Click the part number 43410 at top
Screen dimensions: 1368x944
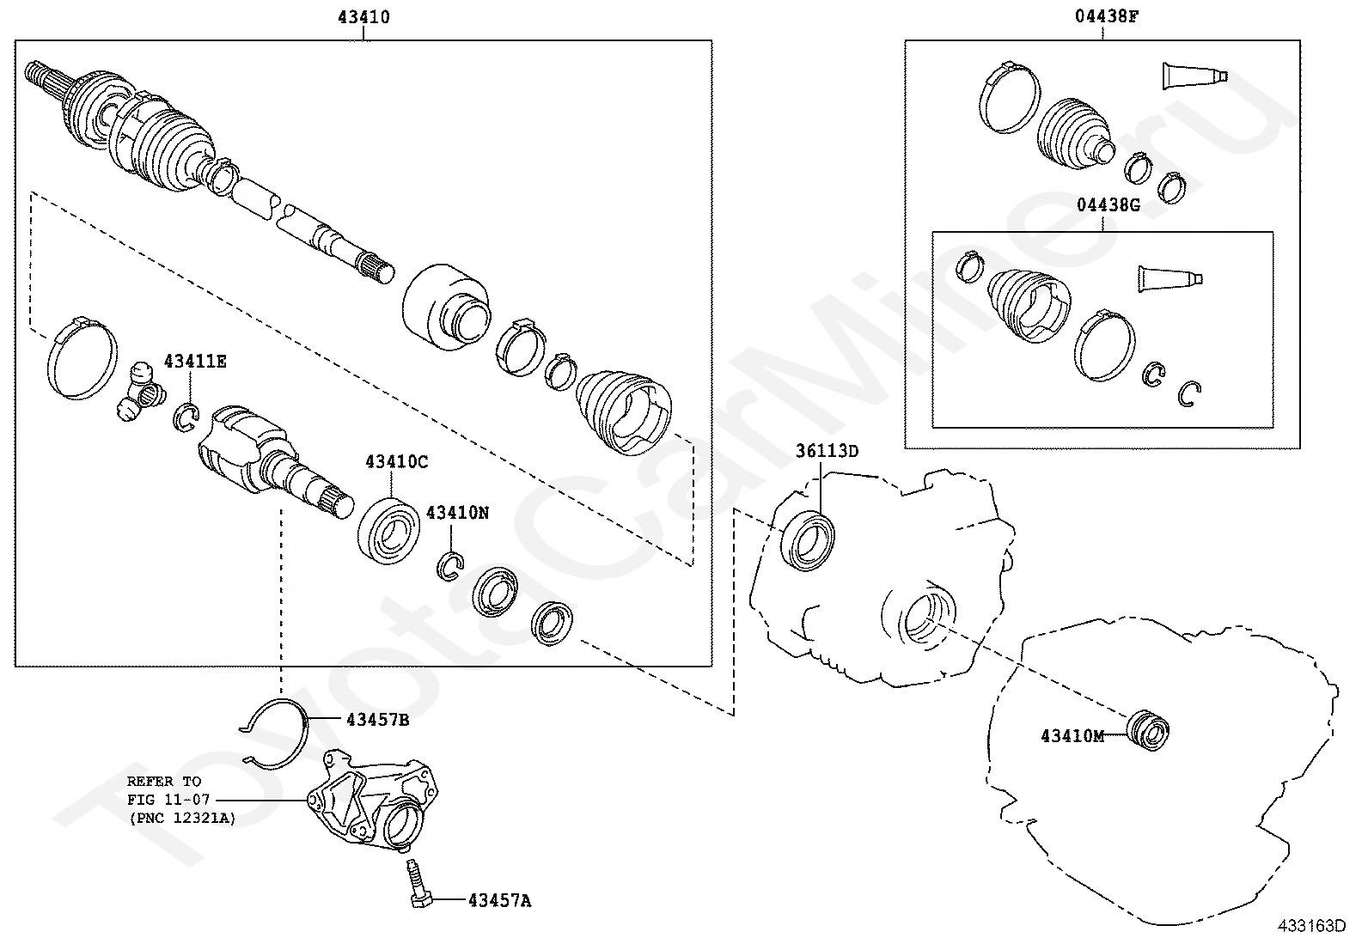(x=364, y=16)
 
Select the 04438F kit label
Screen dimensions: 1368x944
(x=1107, y=15)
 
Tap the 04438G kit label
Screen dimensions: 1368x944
(x=1108, y=204)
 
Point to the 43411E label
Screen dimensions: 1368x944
(x=195, y=362)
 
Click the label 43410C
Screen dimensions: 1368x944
(x=397, y=461)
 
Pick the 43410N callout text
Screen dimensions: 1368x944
(x=457, y=513)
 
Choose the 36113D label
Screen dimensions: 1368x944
(x=827, y=451)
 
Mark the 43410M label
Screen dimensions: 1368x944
(x=1072, y=736)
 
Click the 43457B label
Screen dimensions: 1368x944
(x=378, y=720)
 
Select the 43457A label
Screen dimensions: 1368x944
(x=499, y=901)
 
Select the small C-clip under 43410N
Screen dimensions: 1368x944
(x=450, y=566)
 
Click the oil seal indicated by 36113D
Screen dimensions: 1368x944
(x=808, y=540)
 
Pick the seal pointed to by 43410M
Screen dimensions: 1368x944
(x=1148, y=730)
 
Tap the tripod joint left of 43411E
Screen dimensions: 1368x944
(x=140, y=391)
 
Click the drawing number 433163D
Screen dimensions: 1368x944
(x=1312, y=926)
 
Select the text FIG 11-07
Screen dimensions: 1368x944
(x=168, y=800)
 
